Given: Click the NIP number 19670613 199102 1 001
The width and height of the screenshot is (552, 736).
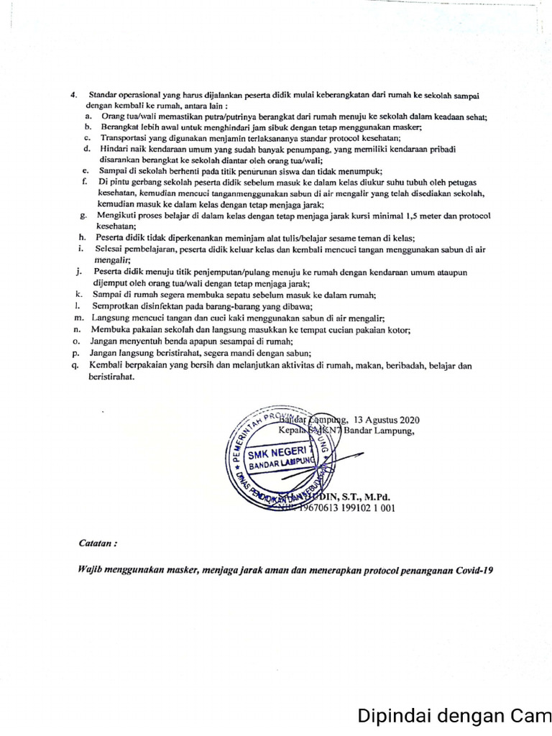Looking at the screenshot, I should [x=353, y=507].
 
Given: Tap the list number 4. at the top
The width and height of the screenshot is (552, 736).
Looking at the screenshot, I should [x=73, y=95].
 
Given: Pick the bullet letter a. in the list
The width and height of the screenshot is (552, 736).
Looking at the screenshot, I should [x=87, y=116].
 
